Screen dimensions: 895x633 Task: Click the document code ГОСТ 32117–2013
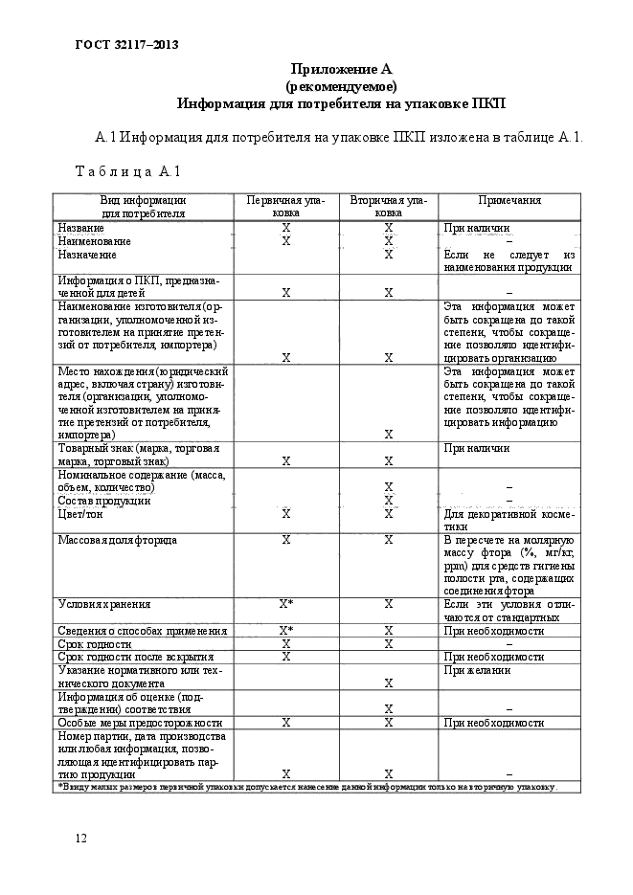[x=126, y=44]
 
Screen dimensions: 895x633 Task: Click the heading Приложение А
[x=342, y=69]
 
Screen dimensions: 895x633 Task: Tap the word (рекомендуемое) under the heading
[x=342, y=85]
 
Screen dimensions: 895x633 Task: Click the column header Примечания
[x=509, y=201]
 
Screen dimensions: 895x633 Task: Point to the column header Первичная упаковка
[x=285, y=207]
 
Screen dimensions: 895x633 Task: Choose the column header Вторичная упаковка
[x=388, y=207]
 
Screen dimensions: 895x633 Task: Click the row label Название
[x=81, y=229]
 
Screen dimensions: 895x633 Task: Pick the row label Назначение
[x=87, y=255]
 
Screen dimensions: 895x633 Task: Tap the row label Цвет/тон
[x=80, y=514]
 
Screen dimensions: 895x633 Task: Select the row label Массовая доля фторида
[x=117, y=541]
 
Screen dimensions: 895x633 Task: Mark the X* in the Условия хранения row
[x=285, y=605]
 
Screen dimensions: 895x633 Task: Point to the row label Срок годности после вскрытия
[x=135, y=658]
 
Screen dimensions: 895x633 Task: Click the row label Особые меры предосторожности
[x=140, y=723]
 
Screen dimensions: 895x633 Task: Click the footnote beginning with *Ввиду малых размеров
[x=305, y=787]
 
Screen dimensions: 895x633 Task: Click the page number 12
[x=81, y=839]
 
